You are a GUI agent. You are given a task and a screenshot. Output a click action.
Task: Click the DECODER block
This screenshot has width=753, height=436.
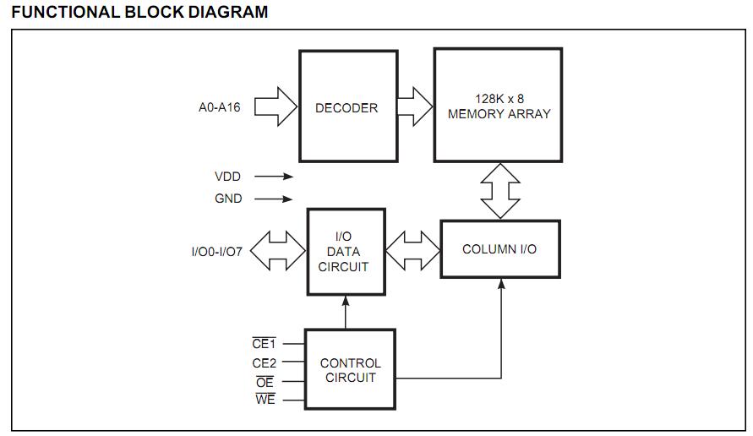coord(347,106)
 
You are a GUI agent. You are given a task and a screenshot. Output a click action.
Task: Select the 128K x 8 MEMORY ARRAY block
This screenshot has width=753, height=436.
coord(498,106)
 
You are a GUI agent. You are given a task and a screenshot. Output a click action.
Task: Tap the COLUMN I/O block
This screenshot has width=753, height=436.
coord(499,249)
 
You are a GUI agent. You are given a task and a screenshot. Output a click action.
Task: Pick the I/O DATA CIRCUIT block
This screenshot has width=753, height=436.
coord(345,252)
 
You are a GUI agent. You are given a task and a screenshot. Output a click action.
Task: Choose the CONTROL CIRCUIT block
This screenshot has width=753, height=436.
coord(350,370)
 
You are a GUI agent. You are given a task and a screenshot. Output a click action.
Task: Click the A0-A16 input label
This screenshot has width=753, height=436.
coord(219,107)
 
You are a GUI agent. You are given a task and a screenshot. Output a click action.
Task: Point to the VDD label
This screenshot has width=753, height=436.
coord(228,177)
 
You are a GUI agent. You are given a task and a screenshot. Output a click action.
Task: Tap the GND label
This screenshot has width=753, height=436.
coord(228,199)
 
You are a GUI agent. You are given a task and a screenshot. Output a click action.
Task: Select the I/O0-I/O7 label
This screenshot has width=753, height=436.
coord(217,252)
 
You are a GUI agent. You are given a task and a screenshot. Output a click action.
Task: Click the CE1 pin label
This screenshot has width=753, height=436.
coord(265,344)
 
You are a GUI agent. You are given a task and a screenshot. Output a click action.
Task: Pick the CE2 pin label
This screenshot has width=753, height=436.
coord(265,362)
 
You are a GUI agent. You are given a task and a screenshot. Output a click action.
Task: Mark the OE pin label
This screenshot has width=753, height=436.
coord(265,381)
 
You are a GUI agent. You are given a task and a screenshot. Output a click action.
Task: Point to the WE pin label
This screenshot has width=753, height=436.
coord(265,400)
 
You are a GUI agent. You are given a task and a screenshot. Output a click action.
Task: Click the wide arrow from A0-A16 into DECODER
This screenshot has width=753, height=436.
coord(276,107)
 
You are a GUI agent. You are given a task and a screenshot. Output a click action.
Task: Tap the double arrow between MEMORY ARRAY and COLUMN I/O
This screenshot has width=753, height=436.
coord(499,190)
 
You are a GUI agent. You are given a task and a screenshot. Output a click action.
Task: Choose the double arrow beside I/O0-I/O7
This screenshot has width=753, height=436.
coord(277,252)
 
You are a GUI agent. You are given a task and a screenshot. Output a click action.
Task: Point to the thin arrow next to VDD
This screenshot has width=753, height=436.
coord(274,177)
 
